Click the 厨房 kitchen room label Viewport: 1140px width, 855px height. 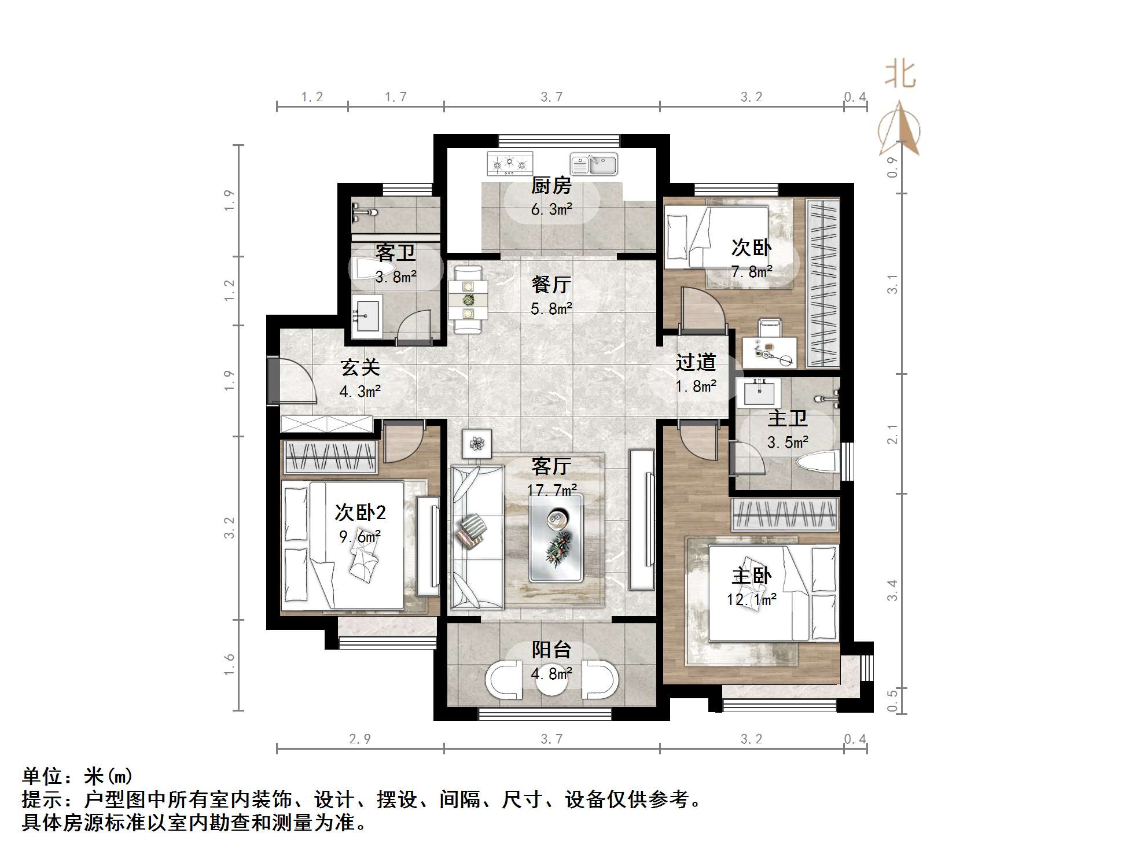pyautogui.click(x=551, y=186)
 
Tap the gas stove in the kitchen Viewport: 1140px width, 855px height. pyautogui.click(x=509, y=164)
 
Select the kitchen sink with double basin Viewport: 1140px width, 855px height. pyautogui.click(x=593, y=164)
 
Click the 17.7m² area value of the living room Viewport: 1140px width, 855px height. pyautogui.click(x=551, y=491)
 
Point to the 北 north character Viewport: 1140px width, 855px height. pyautogui.click(x=900, y=74)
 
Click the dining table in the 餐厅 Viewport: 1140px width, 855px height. pyautogui.click(x=468, y=300)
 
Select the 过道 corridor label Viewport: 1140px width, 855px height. pyautogui.click(x=696, y=363)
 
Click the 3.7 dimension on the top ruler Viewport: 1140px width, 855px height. pyautogui.click(x=551, y=97)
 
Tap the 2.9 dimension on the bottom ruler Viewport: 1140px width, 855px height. pyautogui.click(x=360, y=739)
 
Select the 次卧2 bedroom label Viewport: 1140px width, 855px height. pyautogui.click(x=360, y=513)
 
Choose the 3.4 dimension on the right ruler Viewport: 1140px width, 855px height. pyautogui.click(x=892, y=590)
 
